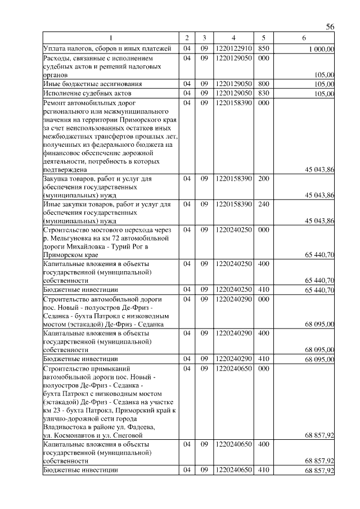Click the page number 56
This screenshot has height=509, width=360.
[330, 27]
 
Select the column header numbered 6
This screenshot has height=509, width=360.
[304, 38]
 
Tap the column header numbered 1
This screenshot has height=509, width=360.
[111, 38]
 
